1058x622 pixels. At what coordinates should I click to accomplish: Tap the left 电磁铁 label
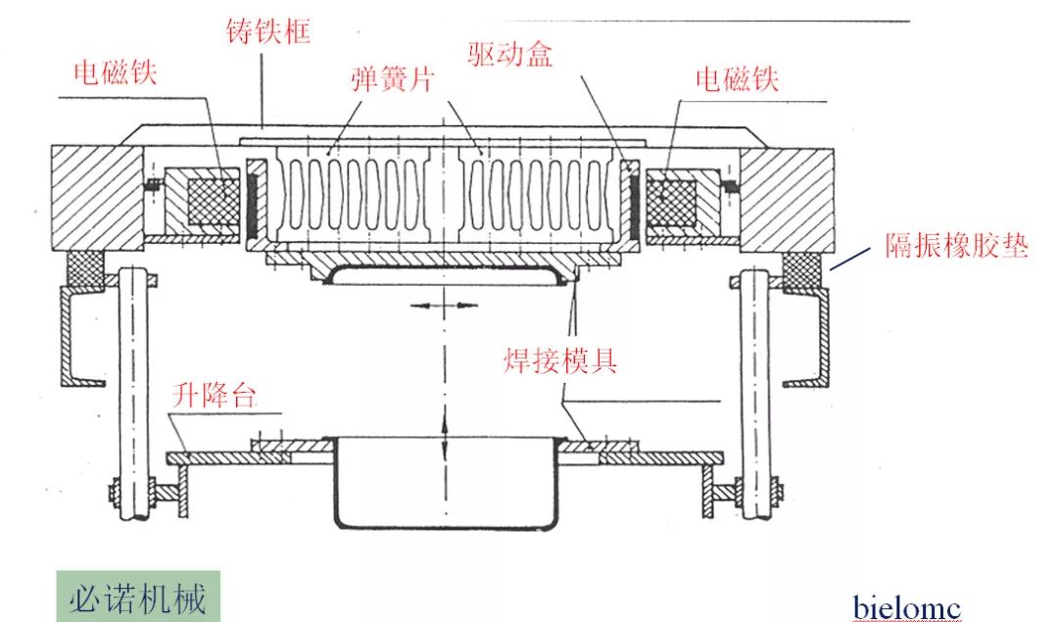tap(116, 73)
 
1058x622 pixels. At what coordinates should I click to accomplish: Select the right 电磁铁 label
tap(737, 78)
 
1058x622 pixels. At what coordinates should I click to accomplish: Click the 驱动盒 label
tap(509, 53)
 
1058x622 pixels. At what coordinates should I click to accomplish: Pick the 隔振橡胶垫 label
tap(956, 246)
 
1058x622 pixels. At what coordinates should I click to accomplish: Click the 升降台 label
tap(214, 396)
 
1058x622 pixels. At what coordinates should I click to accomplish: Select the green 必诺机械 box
tap(137, 597)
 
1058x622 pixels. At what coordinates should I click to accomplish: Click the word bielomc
tap(906, 607)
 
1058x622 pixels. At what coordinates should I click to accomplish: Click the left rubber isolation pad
tap(86, 267)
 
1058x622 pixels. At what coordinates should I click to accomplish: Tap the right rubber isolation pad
tap(805, 267)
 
